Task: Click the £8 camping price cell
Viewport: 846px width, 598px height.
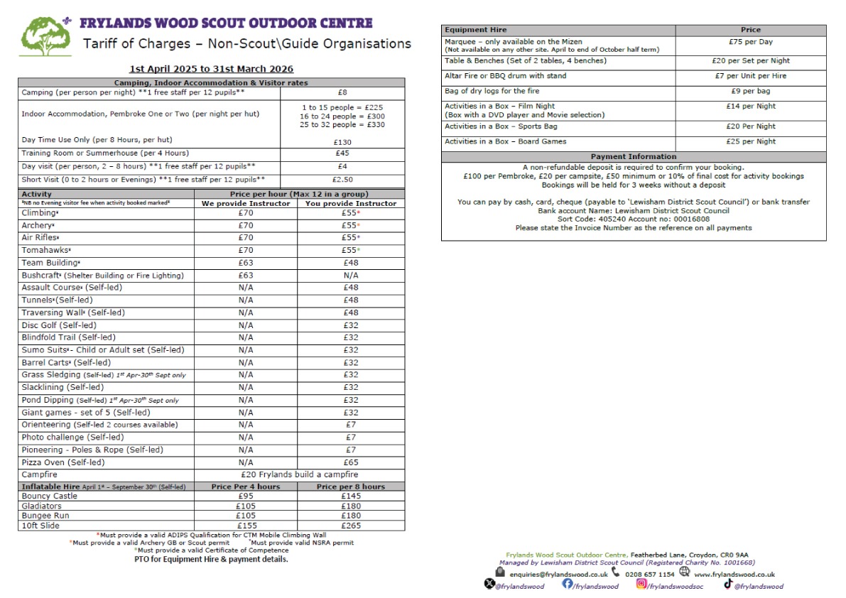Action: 342,92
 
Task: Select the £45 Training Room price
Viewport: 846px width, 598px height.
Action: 342,153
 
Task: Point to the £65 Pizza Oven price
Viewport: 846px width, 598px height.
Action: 350,462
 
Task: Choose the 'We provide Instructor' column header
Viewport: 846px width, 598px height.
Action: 246,203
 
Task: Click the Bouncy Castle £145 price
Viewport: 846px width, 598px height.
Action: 350,496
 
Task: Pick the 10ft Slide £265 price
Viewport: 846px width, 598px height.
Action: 350,526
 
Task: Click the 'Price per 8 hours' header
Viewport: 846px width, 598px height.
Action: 350,486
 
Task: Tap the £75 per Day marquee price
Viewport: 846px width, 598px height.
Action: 750,42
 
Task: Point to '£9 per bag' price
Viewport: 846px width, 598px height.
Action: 750,91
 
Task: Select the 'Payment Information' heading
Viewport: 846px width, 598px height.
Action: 634,156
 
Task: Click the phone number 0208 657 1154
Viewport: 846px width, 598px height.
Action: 649,574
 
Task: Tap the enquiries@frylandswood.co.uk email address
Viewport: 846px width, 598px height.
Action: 558,574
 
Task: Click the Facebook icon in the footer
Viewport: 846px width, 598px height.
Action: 568,584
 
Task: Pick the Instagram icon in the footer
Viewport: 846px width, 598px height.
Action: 641,584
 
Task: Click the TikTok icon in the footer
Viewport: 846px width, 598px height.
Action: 728,584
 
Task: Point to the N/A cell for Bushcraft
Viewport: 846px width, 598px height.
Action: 350,276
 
